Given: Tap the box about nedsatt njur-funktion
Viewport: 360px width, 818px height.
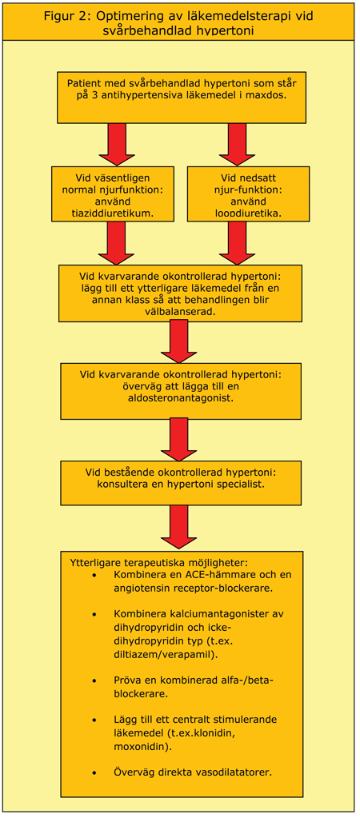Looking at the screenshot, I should pos(247,194).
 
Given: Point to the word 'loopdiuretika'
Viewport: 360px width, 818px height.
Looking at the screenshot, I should pos(247,213).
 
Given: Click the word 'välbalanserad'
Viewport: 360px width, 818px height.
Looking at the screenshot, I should pos(180,313).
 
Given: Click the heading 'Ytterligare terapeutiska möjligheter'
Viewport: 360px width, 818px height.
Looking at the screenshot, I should pos(160,562).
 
